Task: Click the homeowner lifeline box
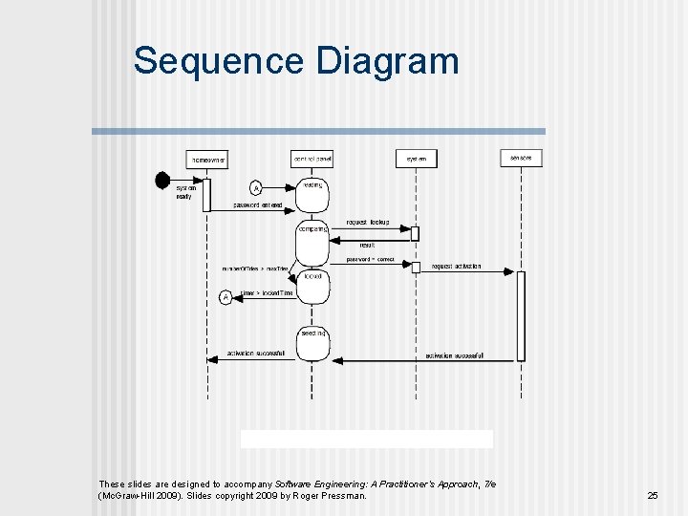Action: click(206, 160)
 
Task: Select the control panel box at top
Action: click(312, 159)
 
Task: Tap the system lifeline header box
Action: click(417, 159)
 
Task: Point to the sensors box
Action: click(521, 158)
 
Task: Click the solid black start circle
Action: click(163, 179)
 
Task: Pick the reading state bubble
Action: click(312, 195)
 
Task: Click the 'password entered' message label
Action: click(258, 205)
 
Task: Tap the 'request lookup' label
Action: click(367, 222)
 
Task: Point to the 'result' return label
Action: click(367, 245)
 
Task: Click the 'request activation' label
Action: click(456, 267)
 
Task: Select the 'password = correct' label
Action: click(370, 259)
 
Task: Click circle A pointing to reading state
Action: click(256, 188)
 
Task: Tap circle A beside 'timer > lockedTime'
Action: click(226, 297)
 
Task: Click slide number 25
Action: click(653, 495)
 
